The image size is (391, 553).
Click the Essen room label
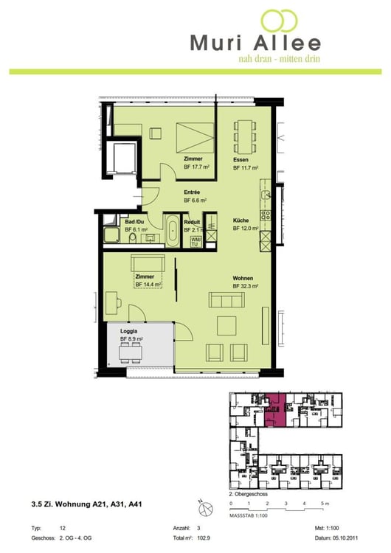[241, 160]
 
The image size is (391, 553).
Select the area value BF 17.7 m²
[198, 167]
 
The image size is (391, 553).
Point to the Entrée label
[192, 192]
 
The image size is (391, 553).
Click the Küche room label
[241, 220]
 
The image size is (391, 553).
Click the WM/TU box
[195, 241]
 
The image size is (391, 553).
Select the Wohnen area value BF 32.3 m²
[246, 285]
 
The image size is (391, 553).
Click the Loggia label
[130, 331]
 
